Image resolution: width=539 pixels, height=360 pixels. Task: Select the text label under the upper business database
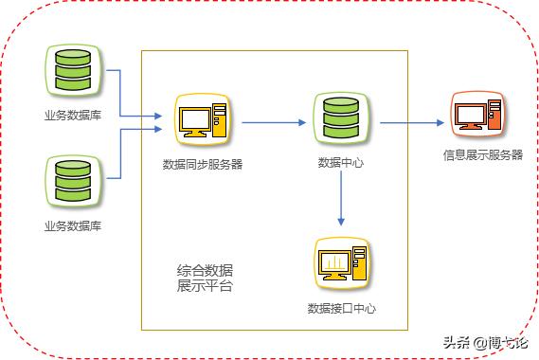pos(72,116)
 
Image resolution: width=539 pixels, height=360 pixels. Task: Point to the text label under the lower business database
pos(72,225)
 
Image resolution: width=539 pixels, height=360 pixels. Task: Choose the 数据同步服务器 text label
pos(202,164)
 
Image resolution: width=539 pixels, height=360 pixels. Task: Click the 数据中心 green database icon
pos(340,118)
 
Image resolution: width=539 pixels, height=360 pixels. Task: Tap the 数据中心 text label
pos(340,164)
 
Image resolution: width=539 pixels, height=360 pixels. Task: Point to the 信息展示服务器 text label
pos(482,154)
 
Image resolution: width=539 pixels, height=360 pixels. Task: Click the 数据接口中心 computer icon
pos(341,265)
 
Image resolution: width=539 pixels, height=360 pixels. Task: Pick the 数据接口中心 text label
pos(341,308)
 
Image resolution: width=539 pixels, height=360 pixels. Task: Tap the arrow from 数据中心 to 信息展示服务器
pos(409,122)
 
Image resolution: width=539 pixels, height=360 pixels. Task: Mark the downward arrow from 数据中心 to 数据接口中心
pos(340,200)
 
